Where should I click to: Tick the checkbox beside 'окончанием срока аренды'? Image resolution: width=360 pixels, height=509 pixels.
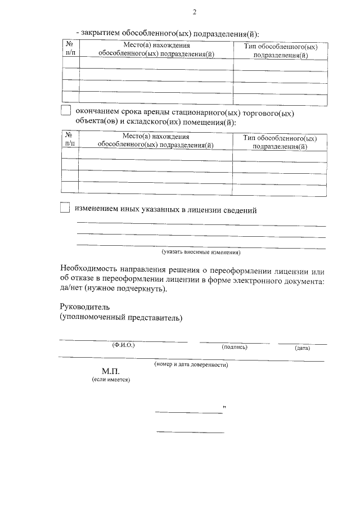click(x=65, y=111)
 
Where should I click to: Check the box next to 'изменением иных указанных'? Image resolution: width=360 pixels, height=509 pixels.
click(x=65, y=209)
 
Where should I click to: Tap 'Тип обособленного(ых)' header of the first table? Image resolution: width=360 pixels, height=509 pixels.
click(x=280, y=51)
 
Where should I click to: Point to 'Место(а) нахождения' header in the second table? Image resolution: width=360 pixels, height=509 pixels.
click(x=156, y=140)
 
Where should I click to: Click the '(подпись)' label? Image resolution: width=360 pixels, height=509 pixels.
click(x=235, y=347)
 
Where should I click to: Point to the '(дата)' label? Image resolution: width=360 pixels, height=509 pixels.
click(x=302, y=348)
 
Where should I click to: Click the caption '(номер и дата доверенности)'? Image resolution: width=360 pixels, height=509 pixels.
click(x=191, y=364)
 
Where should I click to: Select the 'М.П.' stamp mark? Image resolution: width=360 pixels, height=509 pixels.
click(x=111, y=372)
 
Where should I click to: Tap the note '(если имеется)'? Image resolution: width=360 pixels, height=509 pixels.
click(x=111, y=380)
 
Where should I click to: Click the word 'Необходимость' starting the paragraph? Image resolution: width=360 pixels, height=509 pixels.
click(x=91, y=268)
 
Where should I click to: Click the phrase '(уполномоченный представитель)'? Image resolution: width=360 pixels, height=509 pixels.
click(x=121, y=318)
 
